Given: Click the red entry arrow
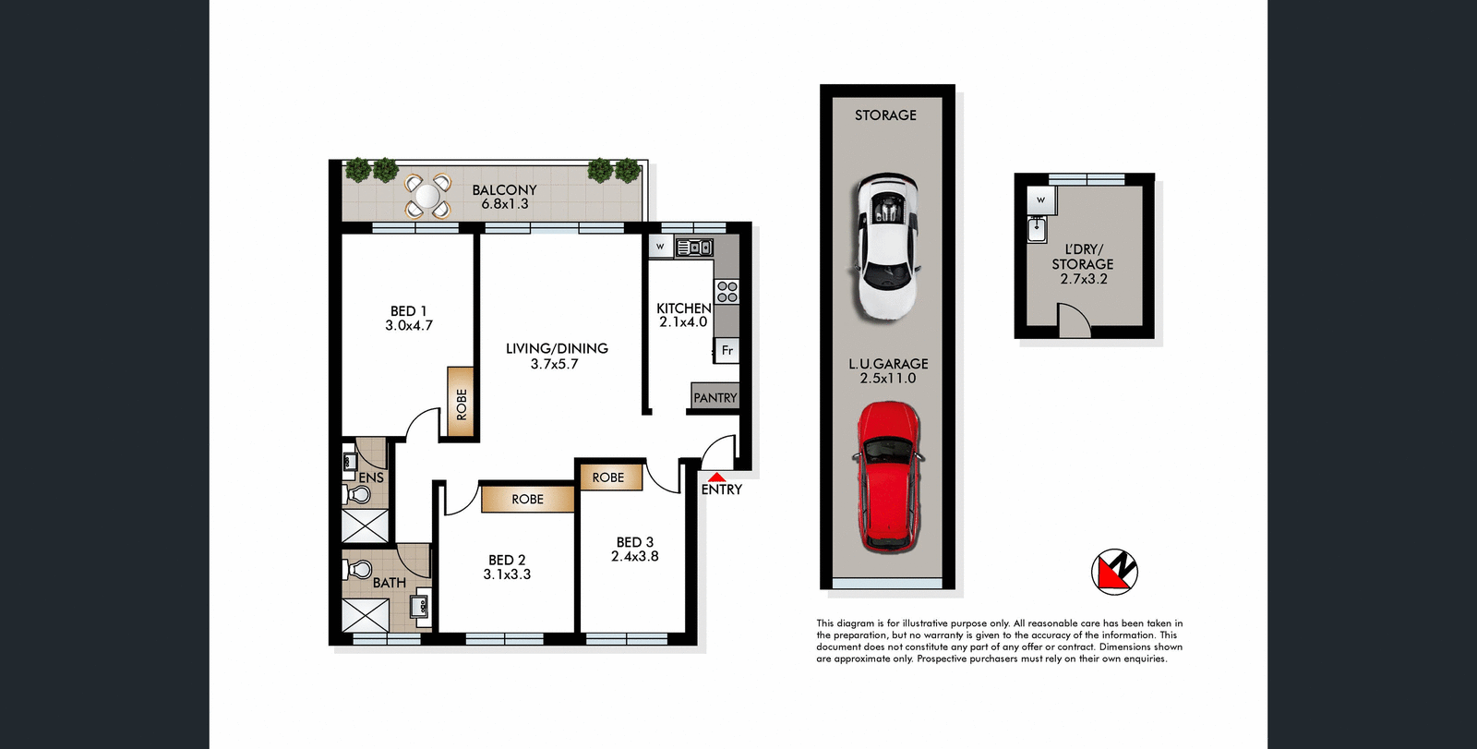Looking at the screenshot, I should pos(716,477).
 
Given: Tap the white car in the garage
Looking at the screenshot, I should pos(885,247).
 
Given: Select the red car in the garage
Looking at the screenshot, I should pos(888,477).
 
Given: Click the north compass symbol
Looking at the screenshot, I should pos(1114,572).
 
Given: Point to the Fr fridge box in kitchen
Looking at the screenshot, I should pos(727,350).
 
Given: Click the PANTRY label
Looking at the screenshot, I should pos(715,398).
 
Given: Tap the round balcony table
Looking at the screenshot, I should pos(427,196).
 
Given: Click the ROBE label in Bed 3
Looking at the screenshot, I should pos(608,477).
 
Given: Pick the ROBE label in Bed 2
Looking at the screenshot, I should pos(528,500).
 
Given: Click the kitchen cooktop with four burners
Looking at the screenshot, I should pos(727,292).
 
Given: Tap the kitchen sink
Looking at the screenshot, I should pos(695,248).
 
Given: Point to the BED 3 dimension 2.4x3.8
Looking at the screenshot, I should pos(635,557).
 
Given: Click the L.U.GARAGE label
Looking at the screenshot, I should pos(888,364).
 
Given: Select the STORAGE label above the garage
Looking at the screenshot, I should pos(885,115).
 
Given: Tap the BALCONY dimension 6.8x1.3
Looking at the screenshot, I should pos(505,204).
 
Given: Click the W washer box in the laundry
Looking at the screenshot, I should pos(1040,199).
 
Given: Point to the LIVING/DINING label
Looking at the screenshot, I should pos(557,348).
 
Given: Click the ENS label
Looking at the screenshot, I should pos(371,477).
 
